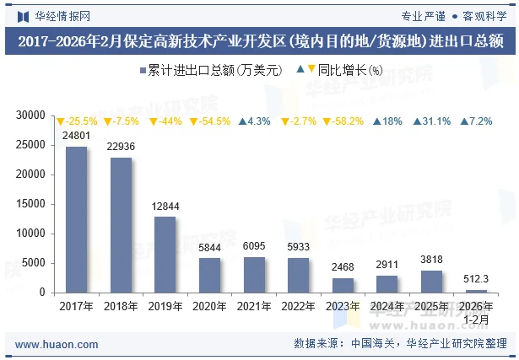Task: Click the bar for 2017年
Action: [77, 219]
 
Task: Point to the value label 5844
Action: [209, 247]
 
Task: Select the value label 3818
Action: [431, 260]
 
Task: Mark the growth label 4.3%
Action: [255, 121]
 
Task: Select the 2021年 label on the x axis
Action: [254, 307]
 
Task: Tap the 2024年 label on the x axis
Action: [387, 307]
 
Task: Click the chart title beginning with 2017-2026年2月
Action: [259, 40]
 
